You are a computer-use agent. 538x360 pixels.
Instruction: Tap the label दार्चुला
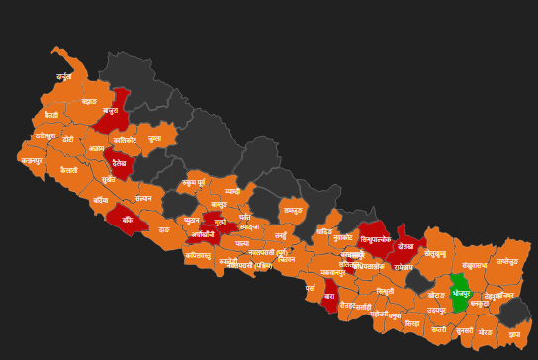pyautogui.click(x=64, y=76)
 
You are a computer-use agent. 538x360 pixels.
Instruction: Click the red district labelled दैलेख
pyautogui.click(x=121, y=163)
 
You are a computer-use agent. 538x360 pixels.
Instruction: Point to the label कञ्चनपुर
pyautogui.click(x=33, y=159)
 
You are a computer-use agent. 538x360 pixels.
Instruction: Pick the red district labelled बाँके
pyautogui.click(x=127, y=220)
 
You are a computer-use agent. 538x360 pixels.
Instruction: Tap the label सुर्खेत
pyautogui.click(x=109, y=180)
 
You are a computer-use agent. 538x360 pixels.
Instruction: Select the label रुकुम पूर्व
pyautogui.click(x=194, y=183)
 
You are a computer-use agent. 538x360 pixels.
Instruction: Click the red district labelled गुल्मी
pyautogui.click(x=220, y=225)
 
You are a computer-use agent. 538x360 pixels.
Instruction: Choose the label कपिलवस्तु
pyautogui.click(x=197, y=255)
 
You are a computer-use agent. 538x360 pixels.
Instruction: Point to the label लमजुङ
pyautogui.click(x=293, y=210)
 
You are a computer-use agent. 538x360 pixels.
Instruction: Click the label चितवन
pyautogui.click(x=287, y=259)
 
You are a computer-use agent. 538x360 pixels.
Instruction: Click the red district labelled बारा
pyautogui.click(x=330, y=296)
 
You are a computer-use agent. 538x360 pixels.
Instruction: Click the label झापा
pyautogui.click(x=514, y=334)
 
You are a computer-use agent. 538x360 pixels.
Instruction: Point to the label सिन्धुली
pyautogui.click(x=385, y=291)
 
